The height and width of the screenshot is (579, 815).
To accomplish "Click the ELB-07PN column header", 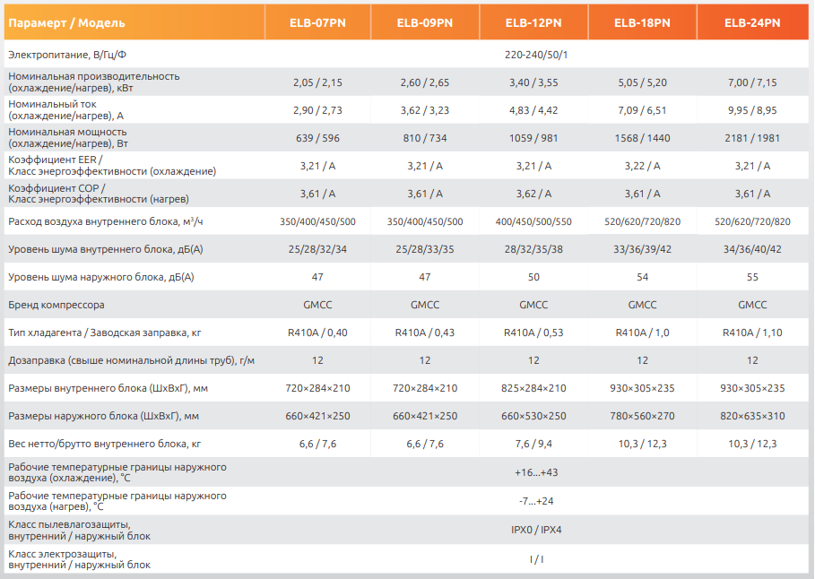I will pyautogui.click(x=317, y=22).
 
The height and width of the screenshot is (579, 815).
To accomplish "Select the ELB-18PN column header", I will pyautogui.click(x=642, y=22).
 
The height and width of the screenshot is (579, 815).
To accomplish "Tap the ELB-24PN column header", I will pyautogui.click(x=752, y=22).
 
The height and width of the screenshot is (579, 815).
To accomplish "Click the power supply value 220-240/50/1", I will pyautogui.click(x=536, y=55).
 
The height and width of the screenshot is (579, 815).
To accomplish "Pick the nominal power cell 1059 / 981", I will pyautogui.click(x=533, y=138).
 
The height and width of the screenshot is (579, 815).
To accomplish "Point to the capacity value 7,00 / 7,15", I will pyautogui.click(x=752, y=82).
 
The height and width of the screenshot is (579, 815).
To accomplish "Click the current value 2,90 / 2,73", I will pyautogui.click(x=317, y=110).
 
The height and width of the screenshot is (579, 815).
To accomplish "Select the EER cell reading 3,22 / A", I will pyautogui.click(x=642, y=166).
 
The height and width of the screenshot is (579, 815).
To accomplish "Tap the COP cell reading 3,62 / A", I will pyautogui.click(x=533, y=194).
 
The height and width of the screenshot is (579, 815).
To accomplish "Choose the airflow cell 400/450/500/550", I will pyautogui.click(x=533, y=221).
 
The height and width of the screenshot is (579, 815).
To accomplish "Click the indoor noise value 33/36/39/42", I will pyautogui.click(x=642, y=249).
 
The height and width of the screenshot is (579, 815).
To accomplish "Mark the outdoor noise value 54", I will pyautogui.click(x=642, y=277).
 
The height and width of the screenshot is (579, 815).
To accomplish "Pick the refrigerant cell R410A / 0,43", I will pyautogui.click(x=425, y=333).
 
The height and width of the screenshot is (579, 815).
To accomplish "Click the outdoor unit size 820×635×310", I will pyautogui.click(x=752, y=416).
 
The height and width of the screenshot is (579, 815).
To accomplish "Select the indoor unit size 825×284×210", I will pyautogui.click(x=533, y=388).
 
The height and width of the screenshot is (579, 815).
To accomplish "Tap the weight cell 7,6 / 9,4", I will pyautogui.click(x=533, y=444).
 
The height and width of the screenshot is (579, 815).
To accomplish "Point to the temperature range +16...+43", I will pyautogui.click(x=536, y=472).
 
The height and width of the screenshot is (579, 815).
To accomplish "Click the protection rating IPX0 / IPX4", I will pyautogui.click(x=536, y=530).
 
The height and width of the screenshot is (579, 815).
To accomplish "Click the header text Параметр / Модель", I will pyautogui.click(x=67, y=22).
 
